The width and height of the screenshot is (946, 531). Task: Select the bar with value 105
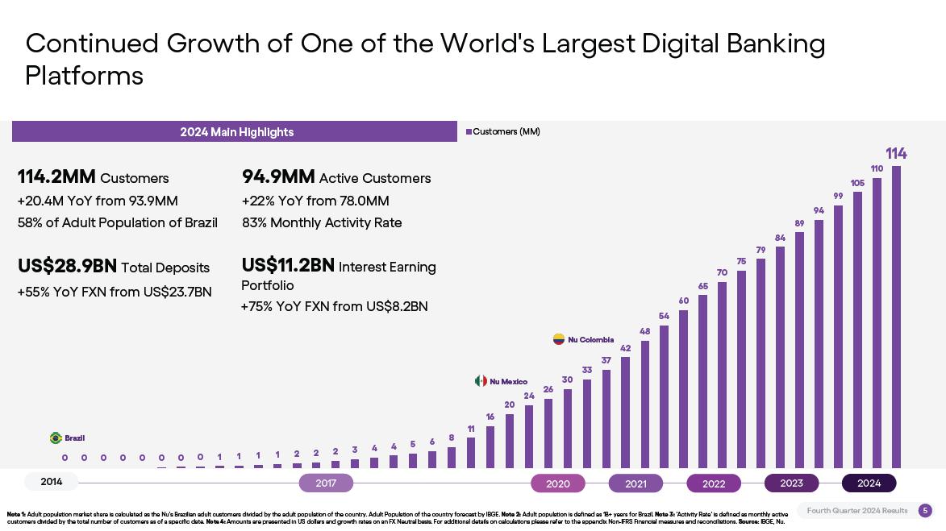click(857, 330)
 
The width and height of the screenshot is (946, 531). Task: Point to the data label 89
click(799, 223)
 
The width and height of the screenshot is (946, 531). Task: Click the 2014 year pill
click(52, 482)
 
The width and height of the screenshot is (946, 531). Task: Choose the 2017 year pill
click(326, 483)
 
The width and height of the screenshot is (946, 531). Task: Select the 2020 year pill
click(558, 483)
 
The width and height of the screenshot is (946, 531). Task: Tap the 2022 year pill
click(714, 483)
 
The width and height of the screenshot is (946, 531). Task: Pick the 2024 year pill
click(869, 483)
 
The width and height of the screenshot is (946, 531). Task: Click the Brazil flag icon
click(56, 438)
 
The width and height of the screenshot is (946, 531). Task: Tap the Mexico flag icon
click(481, 381)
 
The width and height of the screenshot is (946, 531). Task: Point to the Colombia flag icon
click(558, 339)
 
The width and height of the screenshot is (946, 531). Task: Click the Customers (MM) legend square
click(469, 132)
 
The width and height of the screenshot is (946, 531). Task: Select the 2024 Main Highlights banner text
click(236, 132)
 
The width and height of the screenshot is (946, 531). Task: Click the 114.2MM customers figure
click(56, 176)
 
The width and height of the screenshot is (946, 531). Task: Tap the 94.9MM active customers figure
click(278, 176)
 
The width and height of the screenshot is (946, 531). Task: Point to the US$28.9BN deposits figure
click(67, 266)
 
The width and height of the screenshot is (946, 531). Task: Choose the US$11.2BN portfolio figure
click(288, 265)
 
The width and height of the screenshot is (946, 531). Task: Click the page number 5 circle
click(925, 510)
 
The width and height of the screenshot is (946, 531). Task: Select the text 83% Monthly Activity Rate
click(322, 222)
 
